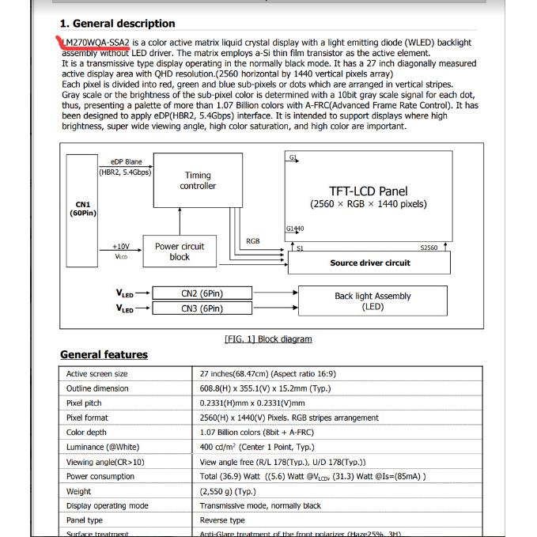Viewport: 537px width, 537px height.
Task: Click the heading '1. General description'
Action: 118,24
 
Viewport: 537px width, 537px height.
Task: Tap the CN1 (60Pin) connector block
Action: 81,209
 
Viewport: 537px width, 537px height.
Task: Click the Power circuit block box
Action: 179,251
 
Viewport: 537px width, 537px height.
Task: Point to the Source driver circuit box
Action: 370,263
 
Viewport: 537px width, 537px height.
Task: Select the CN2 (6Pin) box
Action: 202,294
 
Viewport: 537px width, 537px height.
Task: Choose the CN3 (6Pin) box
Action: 202,309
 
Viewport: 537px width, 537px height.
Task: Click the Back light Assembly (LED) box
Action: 372,301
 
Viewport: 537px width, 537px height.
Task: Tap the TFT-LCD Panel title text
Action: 369,191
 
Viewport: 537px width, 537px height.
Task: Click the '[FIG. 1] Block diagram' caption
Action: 268,339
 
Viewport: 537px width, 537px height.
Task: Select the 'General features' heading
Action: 104,355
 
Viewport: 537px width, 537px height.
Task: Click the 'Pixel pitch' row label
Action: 85,403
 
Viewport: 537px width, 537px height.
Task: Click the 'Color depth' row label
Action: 86,433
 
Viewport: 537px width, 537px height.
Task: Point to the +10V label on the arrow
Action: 121,247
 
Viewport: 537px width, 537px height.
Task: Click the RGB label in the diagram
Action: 252,241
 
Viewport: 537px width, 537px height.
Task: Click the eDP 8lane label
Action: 127,162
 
